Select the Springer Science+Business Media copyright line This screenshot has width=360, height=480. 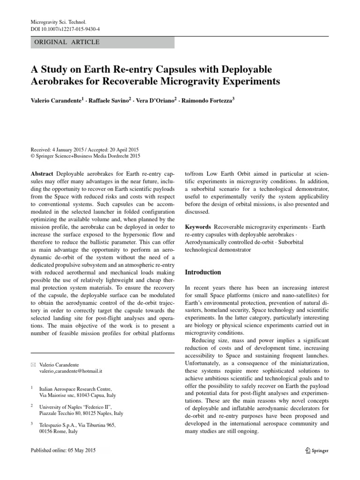[85, 156]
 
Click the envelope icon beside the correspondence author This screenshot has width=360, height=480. [32, 364]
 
